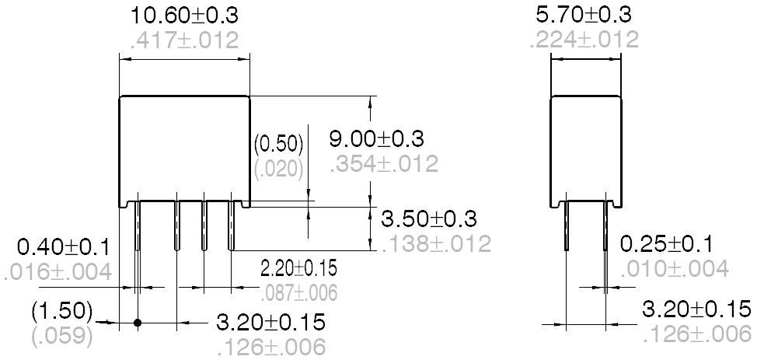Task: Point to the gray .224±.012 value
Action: coord(584,39)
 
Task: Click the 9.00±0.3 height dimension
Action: coord(377,139)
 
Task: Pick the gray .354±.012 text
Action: coord(384,164)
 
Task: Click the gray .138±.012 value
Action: coord(436,243)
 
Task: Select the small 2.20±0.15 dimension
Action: coord(298,269)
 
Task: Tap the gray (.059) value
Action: coord(61,337)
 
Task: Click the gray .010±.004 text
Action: coord(675,269)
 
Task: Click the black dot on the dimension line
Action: coord(138,322)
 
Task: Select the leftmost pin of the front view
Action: coord(138,225)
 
